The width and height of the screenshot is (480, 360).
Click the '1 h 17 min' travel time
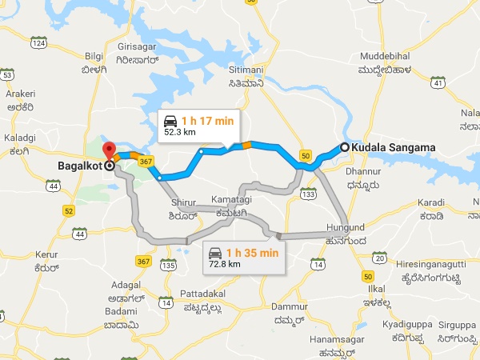207,121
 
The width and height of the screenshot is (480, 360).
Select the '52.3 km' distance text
181,133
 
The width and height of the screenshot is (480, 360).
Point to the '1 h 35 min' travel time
252,253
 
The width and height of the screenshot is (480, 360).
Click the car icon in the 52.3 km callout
170,122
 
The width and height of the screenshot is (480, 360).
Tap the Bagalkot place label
82,167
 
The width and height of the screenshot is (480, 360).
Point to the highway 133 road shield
307,194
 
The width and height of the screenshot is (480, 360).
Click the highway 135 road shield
168,265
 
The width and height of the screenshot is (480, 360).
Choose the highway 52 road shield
69,210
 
